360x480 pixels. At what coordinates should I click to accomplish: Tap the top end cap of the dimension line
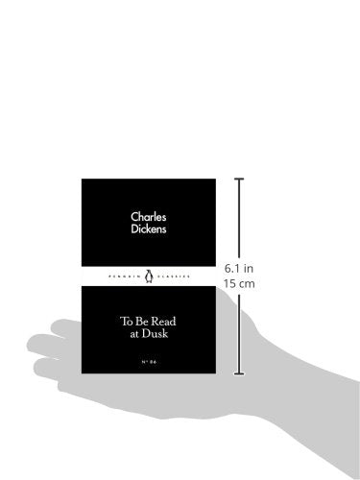point(239,180)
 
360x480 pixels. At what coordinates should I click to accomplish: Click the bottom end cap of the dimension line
point(239,372)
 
